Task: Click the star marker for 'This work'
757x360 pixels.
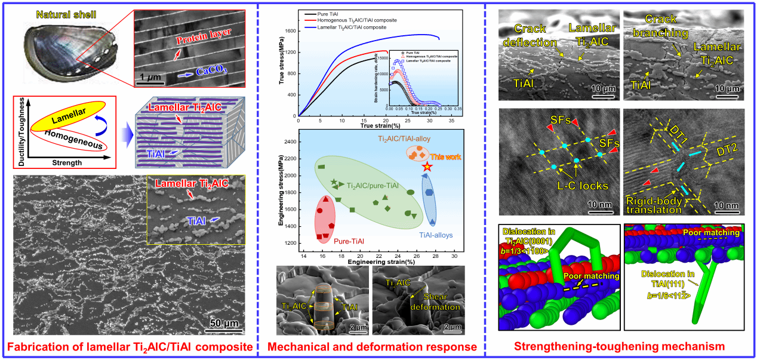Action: tap(426, 167)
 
